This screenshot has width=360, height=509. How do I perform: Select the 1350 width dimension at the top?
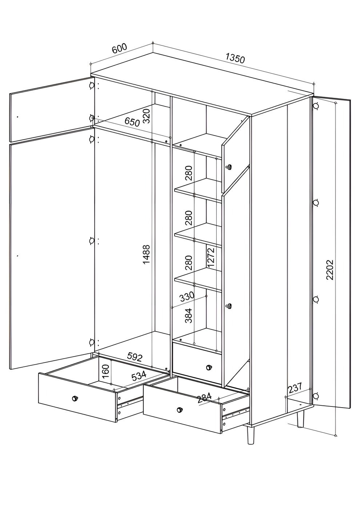[x=235, y=58]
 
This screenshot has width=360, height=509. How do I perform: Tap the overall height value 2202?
[x=329, y=270]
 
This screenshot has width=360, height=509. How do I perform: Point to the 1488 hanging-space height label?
[x=147, y=254]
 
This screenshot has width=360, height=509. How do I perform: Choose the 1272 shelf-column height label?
[x=211, y=257]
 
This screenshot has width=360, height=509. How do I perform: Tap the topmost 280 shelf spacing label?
[x=189, y=173]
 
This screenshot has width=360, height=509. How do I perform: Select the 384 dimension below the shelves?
[x=188, y=316]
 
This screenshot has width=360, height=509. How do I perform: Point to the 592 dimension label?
[x=135, y=357]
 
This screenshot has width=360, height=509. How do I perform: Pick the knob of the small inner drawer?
[x=209, y=367]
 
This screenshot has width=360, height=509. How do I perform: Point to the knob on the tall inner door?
[x=229, y=306]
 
